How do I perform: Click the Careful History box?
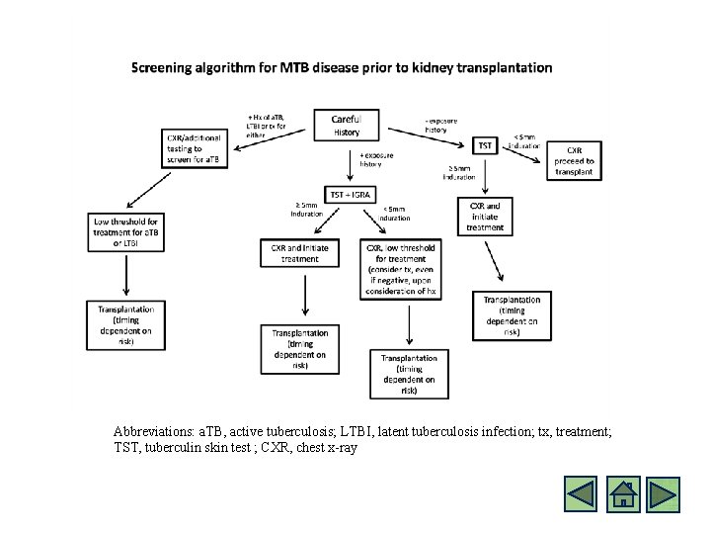(347, 126)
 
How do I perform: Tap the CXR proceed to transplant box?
(574, 160)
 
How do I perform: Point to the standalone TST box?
(485, 145)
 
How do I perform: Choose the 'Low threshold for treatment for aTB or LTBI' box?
(125, 233)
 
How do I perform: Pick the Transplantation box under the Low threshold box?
(125, 325)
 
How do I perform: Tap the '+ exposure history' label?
(376, 160)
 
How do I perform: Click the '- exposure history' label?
(440, 126)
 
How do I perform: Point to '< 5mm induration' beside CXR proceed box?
(525, 141)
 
